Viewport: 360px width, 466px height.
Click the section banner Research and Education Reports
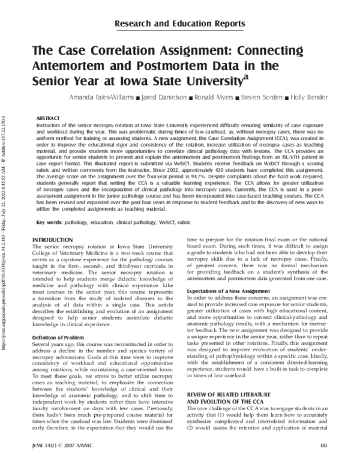coord(179,24)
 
